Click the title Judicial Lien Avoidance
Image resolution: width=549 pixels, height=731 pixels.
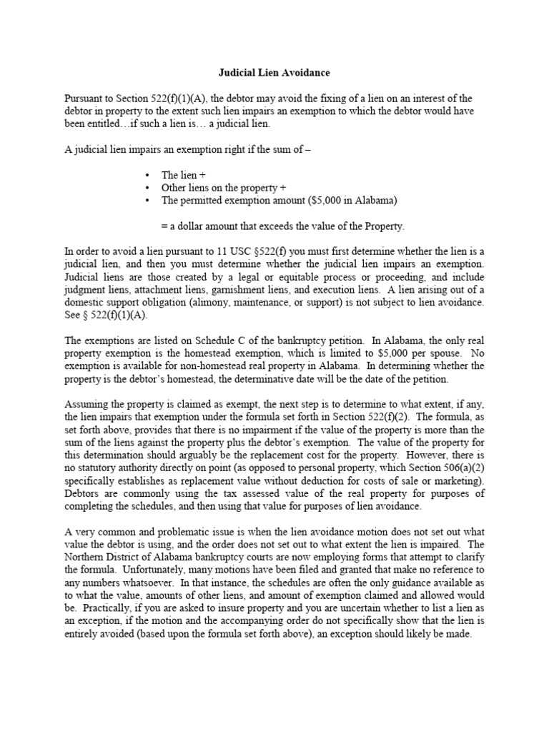pyautogui.click(x=274, y=72)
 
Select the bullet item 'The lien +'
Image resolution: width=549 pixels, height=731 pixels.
pyautogui.click(x=184, y=175)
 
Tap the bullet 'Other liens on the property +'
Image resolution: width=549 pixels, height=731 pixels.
pyautogui.click(x=219, y=188)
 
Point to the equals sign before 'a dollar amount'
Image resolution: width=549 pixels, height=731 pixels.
pyautogui.click(x=164, y=226)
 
